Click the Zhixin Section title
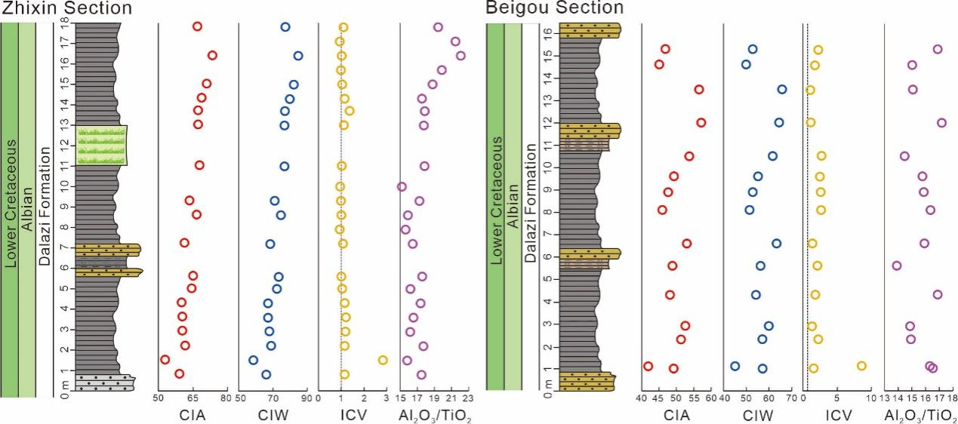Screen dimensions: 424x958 coord(66,8)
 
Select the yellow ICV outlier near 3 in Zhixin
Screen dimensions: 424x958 coord(383,360)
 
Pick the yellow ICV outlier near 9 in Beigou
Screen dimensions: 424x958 coord(861,366)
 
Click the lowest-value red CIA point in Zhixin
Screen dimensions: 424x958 coord(165,360)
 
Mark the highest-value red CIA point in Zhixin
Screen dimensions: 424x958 coord(212,55)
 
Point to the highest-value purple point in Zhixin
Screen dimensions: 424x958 coord(461,55)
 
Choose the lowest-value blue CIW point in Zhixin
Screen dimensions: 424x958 coord(254,360)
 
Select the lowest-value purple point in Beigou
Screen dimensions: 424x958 coord(897,266)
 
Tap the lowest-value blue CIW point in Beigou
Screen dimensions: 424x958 coord(735,366)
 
